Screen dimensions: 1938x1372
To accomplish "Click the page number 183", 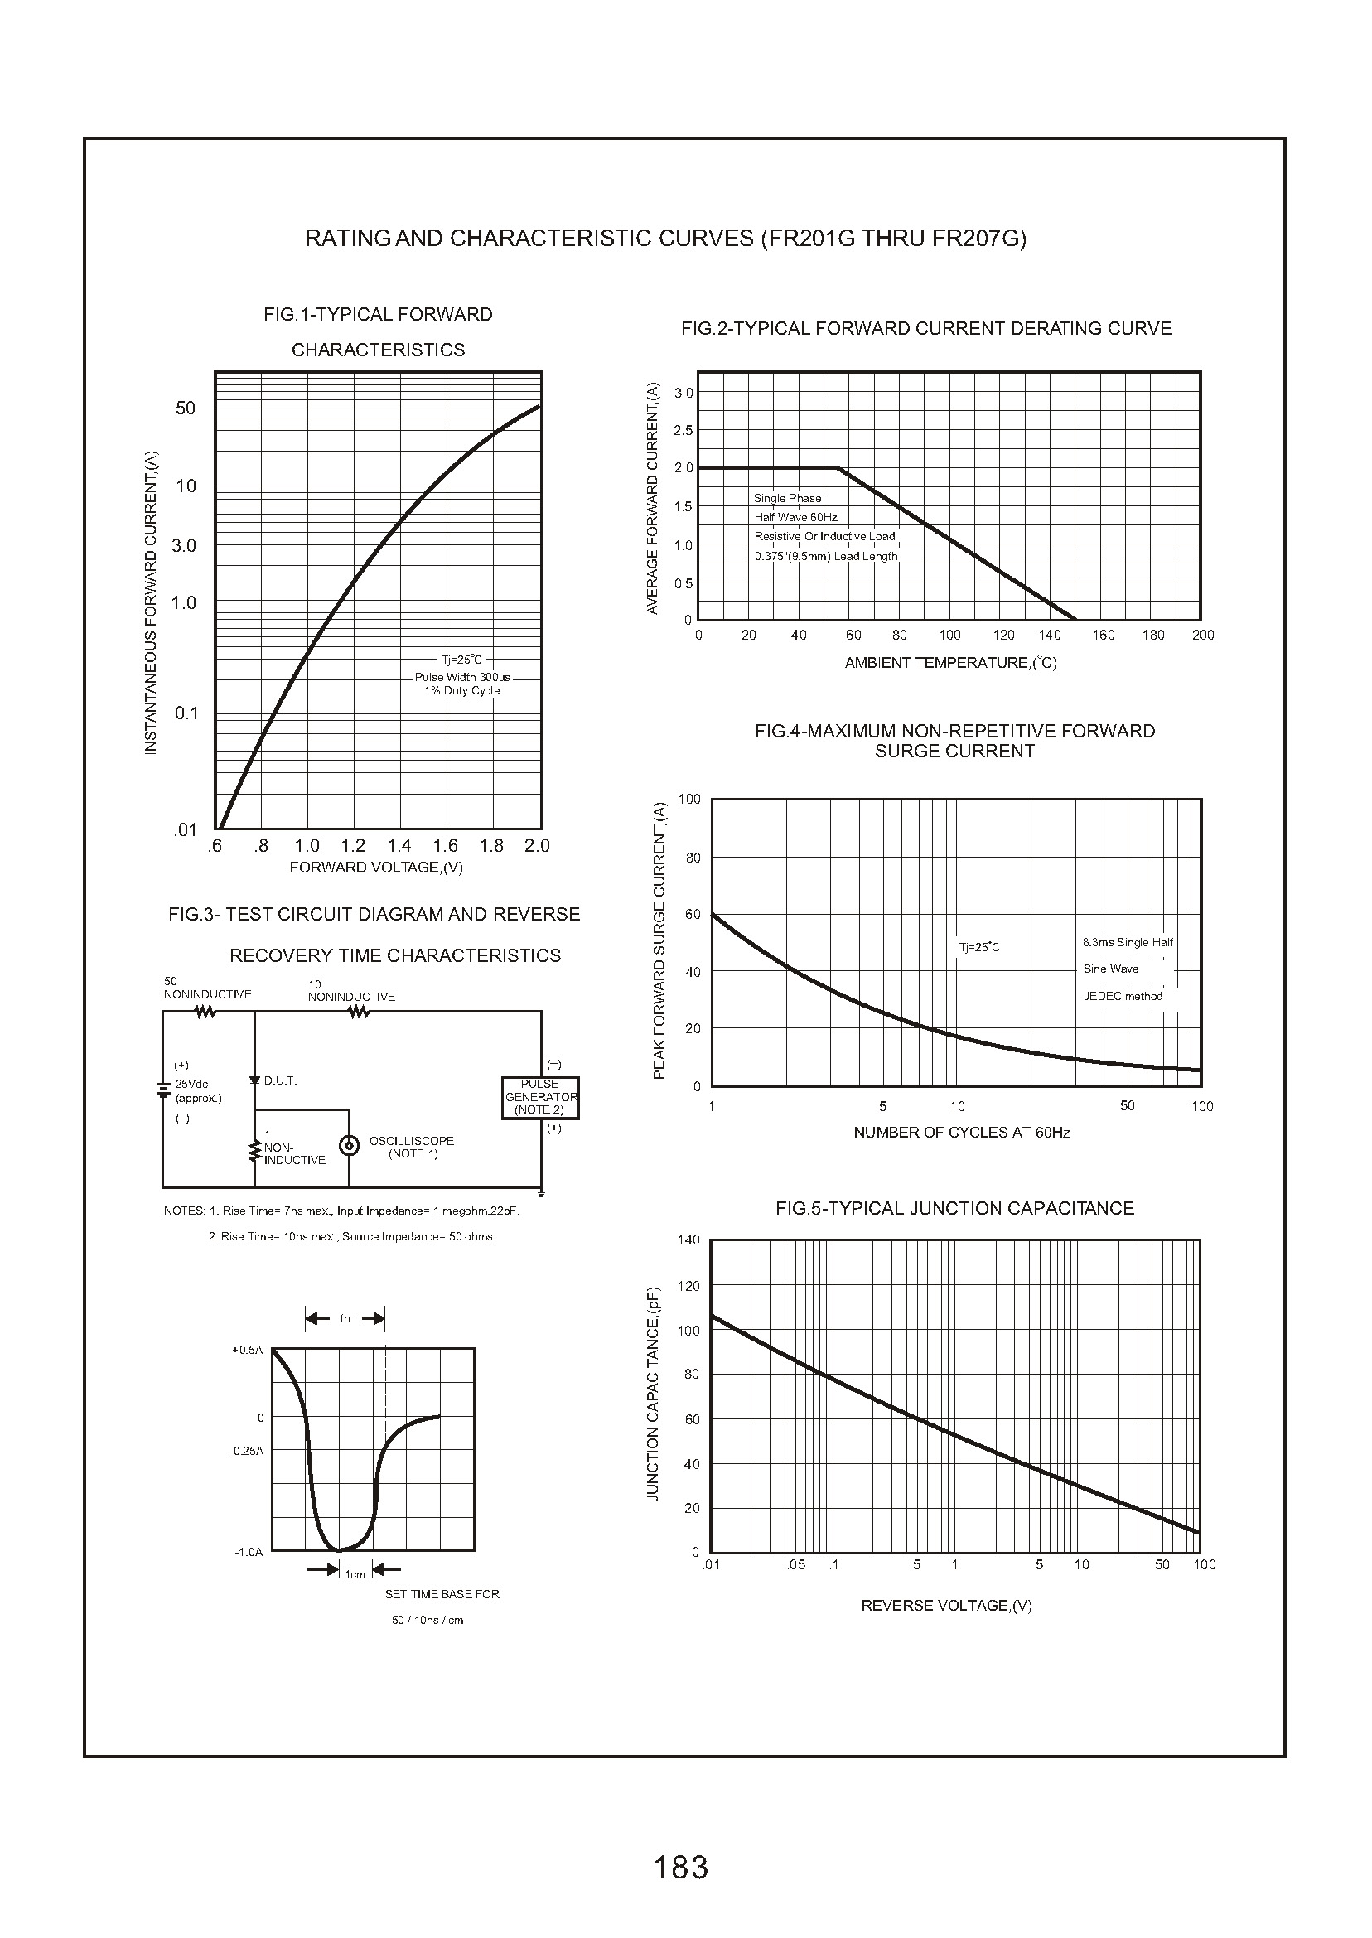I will click(x=681, y=1866).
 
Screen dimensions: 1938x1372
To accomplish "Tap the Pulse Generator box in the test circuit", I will click(x=540, y=1097).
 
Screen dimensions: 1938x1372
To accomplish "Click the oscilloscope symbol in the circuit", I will click(x=348, y=1147).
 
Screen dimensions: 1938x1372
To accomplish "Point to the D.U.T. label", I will click(x=281, y=1080).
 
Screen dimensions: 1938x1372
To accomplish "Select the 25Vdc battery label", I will click(x=191, y=1084).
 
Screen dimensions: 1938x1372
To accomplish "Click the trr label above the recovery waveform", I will click(x=345, y=1319).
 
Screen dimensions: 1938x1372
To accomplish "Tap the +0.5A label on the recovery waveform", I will click(x=248, y=1350).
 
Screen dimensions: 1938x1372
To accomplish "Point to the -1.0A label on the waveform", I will click(x=249, y=1552).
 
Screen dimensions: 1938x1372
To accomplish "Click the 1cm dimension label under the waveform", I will click(x=355, y=1574).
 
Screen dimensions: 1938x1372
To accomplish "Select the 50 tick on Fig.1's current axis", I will click(x=185, y=408).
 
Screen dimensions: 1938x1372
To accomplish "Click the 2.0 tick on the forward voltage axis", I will click(x=538, y=846).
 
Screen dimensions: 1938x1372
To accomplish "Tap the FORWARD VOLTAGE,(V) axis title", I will click(x=376, y=868).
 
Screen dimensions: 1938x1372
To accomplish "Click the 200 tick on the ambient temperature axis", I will click(x=1203, y=636).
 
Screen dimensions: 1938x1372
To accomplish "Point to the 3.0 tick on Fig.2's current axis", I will click(x=684, y=393).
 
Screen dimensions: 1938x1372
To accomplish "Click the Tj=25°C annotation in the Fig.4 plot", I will click(x=979, y=947).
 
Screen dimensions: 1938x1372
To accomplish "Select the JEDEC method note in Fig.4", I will click(x=1123, y=996).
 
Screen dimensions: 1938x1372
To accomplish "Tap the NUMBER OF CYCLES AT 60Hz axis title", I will click(x=961, y=1132).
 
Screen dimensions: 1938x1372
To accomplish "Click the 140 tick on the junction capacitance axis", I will click(x=688, y=1240).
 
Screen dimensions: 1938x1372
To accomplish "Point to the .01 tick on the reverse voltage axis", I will click(x=712, y=1564).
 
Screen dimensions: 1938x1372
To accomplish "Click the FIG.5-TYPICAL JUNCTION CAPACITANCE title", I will click(x=954, y=1208).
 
